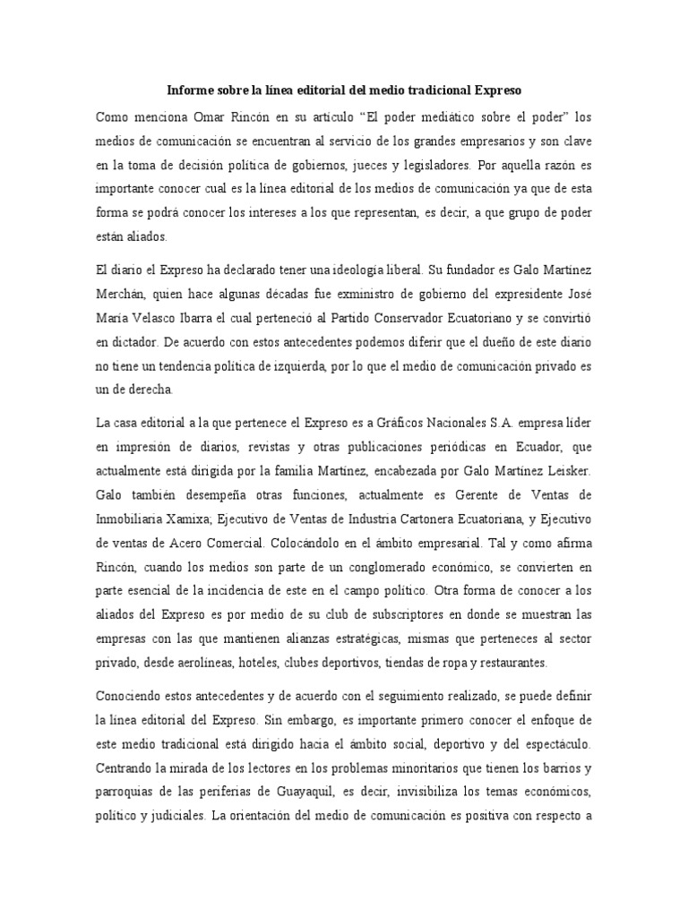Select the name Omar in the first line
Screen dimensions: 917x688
(x=208, y=118)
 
